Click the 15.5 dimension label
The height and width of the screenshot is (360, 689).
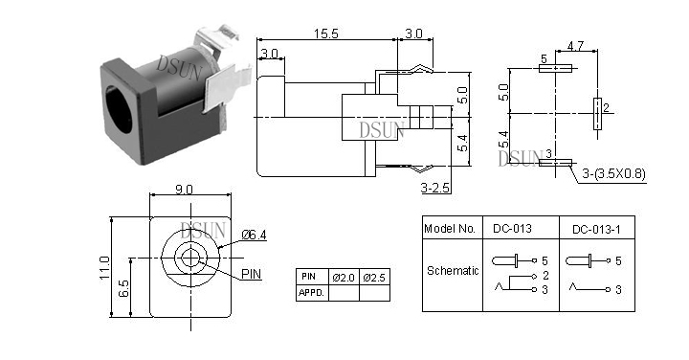326,34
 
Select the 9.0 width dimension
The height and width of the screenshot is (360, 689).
184,190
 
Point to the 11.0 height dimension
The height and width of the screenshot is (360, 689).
104,267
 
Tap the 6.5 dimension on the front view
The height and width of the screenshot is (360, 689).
124,288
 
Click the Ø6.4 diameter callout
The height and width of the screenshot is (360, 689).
254,236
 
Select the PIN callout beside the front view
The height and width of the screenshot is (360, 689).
251,274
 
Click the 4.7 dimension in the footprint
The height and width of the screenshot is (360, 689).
575,46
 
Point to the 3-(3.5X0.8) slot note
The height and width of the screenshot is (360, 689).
613,174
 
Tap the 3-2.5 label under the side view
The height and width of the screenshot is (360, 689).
435,188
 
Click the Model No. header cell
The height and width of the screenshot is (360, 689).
450,229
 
